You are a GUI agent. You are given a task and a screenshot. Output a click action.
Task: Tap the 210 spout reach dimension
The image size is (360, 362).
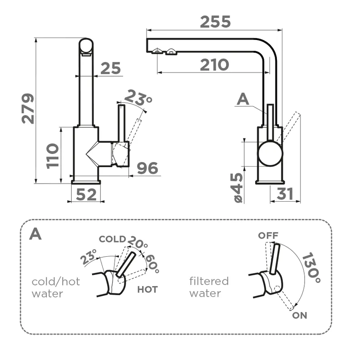point(214,65)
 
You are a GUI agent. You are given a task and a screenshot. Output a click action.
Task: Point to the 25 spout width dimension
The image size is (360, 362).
point(110,68)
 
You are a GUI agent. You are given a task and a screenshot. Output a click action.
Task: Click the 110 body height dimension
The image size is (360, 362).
point(53,156)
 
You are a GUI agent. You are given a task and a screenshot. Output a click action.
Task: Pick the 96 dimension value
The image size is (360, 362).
point(148,168)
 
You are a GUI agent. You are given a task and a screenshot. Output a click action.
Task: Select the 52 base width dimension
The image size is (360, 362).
point(86,194)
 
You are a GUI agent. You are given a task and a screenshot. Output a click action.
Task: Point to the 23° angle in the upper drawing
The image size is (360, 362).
point(138,97)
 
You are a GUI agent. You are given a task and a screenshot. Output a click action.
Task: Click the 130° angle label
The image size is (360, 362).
point(312,268)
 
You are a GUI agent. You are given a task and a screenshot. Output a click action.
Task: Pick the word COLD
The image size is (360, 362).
point(112,239)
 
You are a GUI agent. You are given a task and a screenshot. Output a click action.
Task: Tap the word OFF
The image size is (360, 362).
point(268,235)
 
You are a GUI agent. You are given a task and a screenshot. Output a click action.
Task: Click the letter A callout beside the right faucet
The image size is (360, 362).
point(243,99)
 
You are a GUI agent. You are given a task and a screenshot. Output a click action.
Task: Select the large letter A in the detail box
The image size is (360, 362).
point(35,234)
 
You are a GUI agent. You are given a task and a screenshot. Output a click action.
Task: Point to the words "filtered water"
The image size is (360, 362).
point(209,287)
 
